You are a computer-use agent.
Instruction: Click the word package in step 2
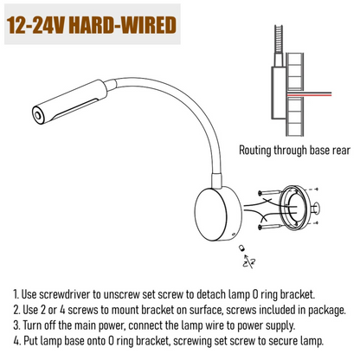click(x=316, y=310)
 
